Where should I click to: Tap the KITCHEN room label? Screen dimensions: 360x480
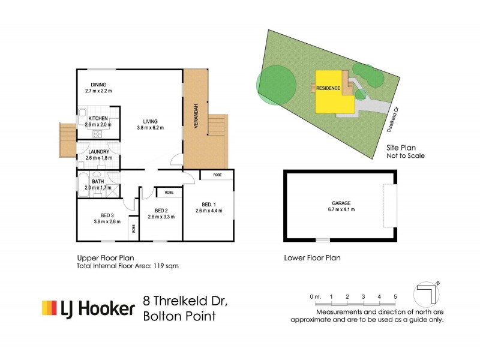(98, 118)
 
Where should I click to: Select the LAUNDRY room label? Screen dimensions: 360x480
(97, 152)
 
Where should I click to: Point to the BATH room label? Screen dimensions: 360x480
(98, 181)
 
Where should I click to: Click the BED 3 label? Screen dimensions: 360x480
(103, 215)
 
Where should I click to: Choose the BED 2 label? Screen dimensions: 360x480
(161, 211)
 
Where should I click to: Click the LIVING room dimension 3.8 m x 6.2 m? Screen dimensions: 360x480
(150, 128)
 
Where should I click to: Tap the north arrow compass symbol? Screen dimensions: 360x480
(428, 294)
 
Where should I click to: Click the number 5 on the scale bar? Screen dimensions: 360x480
(395, 296)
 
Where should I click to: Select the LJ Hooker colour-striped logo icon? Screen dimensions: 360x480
(49, 308)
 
